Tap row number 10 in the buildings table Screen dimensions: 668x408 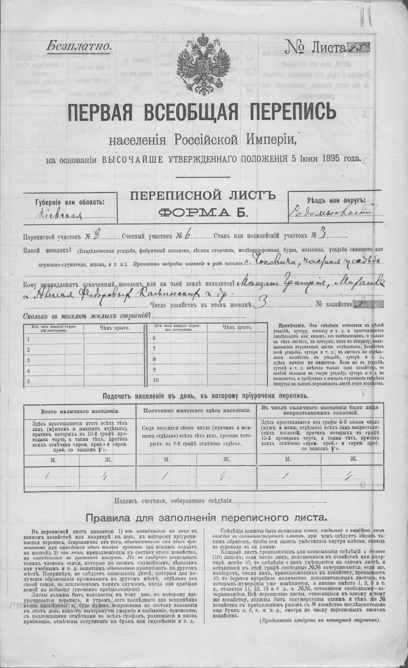156,380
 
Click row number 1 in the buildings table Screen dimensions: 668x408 28,339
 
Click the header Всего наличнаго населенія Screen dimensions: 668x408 80,411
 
